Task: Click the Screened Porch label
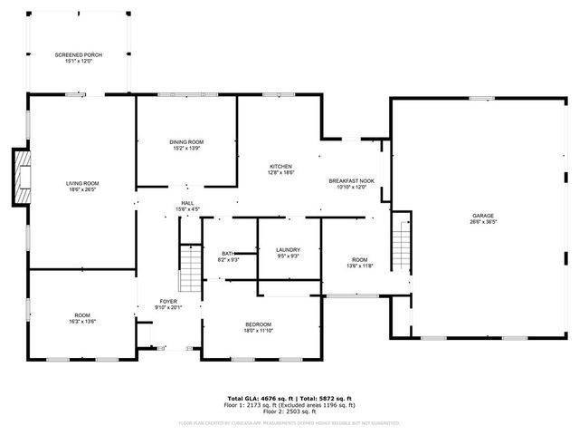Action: [78, 55]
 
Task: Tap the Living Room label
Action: [82, 184]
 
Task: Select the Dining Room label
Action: [186, 141]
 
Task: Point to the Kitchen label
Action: [280, 167]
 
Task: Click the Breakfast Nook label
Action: [351, 181]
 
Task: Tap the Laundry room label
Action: [288, 249]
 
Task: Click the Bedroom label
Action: [258, 324]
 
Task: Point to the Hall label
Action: [187, 203]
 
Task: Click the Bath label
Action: [228, 254]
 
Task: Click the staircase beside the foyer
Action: [190, 267]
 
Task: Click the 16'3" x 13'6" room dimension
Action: [82, 321]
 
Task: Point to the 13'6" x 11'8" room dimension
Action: [360, 266]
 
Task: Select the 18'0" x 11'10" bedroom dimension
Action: [258, 331]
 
